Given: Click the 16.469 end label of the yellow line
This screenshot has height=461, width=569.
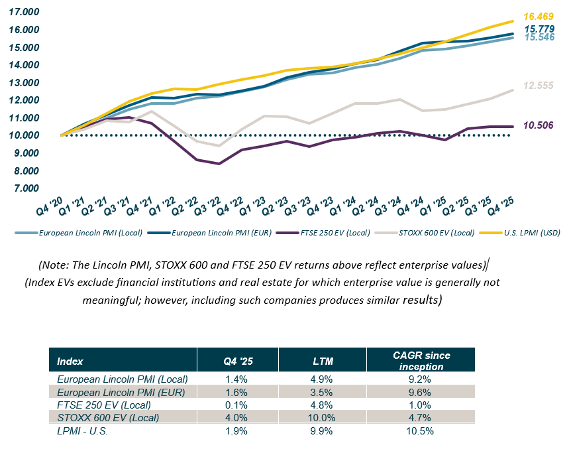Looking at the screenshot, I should click(x=537, y=16).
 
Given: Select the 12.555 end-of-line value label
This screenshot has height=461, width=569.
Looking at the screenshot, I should click(x=537, y=86).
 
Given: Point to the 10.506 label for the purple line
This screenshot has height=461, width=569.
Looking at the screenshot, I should click(x=537, y=125).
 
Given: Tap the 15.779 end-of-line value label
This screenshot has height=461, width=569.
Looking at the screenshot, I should click(x=537, y=29).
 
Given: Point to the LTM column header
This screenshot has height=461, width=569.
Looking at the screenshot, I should click(x=323, y=361).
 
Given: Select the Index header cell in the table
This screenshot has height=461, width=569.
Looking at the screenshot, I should click(x=70, y=361).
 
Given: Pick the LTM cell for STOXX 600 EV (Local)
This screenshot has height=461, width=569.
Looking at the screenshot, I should click(x=323, y=418).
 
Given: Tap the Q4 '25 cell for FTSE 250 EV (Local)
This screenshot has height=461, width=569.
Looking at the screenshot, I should click(x=237, y=405).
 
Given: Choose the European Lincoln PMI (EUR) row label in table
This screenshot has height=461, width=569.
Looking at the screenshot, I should click(x=123, y=392).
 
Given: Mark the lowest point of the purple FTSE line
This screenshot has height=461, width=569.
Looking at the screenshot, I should click(x=219, y=164).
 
